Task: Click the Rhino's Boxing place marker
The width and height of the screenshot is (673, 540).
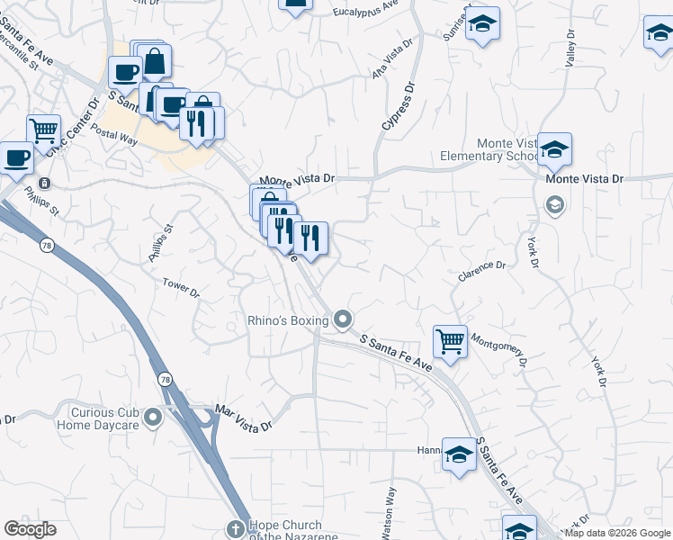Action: click(342, 319)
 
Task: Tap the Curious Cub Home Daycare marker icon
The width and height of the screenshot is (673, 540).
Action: click(153, 417)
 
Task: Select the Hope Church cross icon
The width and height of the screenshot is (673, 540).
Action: click(236, 528)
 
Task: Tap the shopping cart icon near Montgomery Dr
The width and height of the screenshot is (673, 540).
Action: click(450, 341)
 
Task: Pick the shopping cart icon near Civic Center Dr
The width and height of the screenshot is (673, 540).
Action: click(43, 130)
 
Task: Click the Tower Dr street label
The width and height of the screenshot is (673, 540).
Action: click(181, 287)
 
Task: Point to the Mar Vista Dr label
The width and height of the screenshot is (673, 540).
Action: click(244, 418)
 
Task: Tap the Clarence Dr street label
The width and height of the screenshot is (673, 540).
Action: click(482, 269)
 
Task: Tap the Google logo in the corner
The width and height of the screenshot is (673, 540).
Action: click(31, 529)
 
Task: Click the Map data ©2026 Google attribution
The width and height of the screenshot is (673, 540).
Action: click(618, 533)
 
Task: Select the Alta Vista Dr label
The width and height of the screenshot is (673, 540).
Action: click(392, 57)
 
